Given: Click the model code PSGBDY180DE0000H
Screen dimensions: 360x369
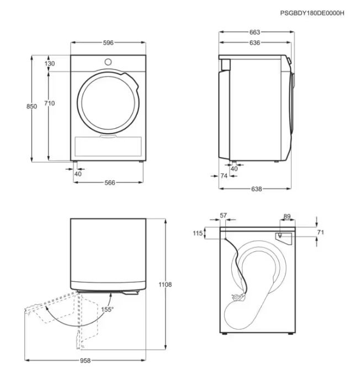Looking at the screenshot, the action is [x=312, y=13].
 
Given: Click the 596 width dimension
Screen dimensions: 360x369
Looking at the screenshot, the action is [x=108, y=43].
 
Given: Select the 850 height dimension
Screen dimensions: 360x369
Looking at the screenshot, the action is [x=31, y=107].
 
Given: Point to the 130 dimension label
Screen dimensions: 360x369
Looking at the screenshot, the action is [x=50, y=64].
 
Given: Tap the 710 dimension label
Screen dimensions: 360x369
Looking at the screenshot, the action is [x=49, y=103].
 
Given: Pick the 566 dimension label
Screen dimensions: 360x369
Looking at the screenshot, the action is [x=110, y=183].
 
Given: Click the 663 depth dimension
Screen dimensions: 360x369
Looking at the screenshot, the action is [x=255, y=32].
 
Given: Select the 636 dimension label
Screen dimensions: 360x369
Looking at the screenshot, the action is [x=255, y=43].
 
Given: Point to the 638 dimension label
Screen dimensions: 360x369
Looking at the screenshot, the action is [x=256, y=189].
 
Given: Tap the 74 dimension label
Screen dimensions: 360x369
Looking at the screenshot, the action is [x=224, y=176].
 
